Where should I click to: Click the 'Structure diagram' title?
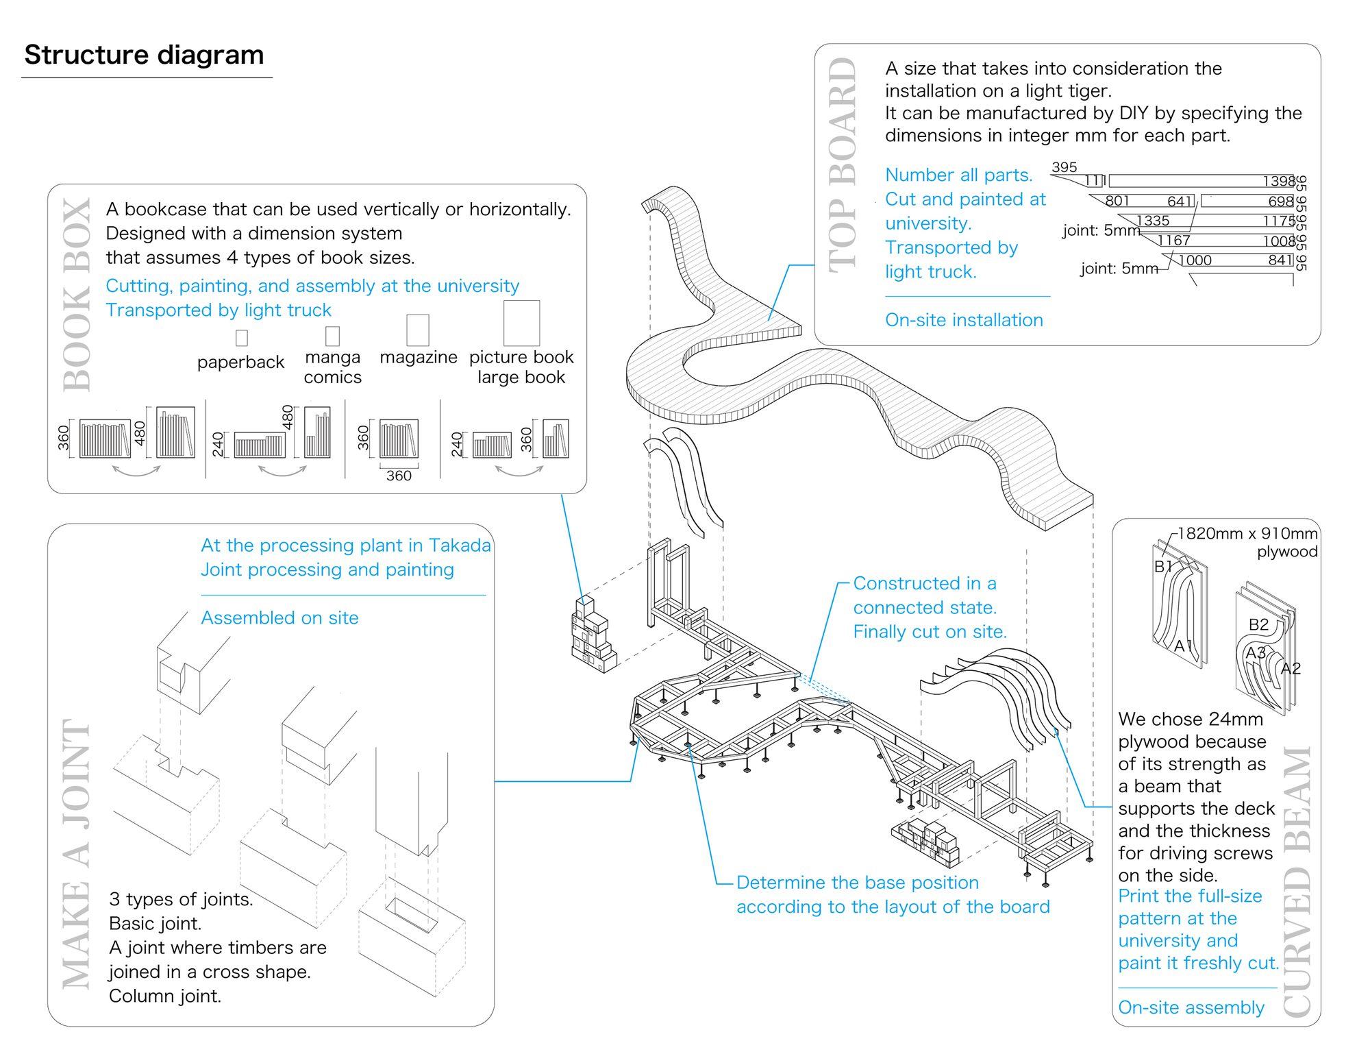144,55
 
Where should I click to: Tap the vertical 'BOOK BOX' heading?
77,295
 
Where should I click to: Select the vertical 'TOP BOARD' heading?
843,164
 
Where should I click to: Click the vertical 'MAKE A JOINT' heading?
77,853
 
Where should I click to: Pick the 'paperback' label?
240,362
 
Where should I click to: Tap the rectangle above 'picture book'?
521,323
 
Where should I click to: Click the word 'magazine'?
418,357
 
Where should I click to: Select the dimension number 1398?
1279,181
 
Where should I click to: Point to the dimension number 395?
1064,167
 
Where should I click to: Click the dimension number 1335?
1153,221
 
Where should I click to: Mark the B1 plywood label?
1163,567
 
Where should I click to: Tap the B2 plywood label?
1258,624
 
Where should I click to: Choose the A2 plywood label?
1291,668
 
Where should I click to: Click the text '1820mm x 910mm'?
1247,533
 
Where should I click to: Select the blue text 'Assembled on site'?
279,617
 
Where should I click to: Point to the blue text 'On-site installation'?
964,320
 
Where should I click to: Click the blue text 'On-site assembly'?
1191,1007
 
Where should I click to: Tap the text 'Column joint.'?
165,996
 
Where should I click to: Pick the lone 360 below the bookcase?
399,476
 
